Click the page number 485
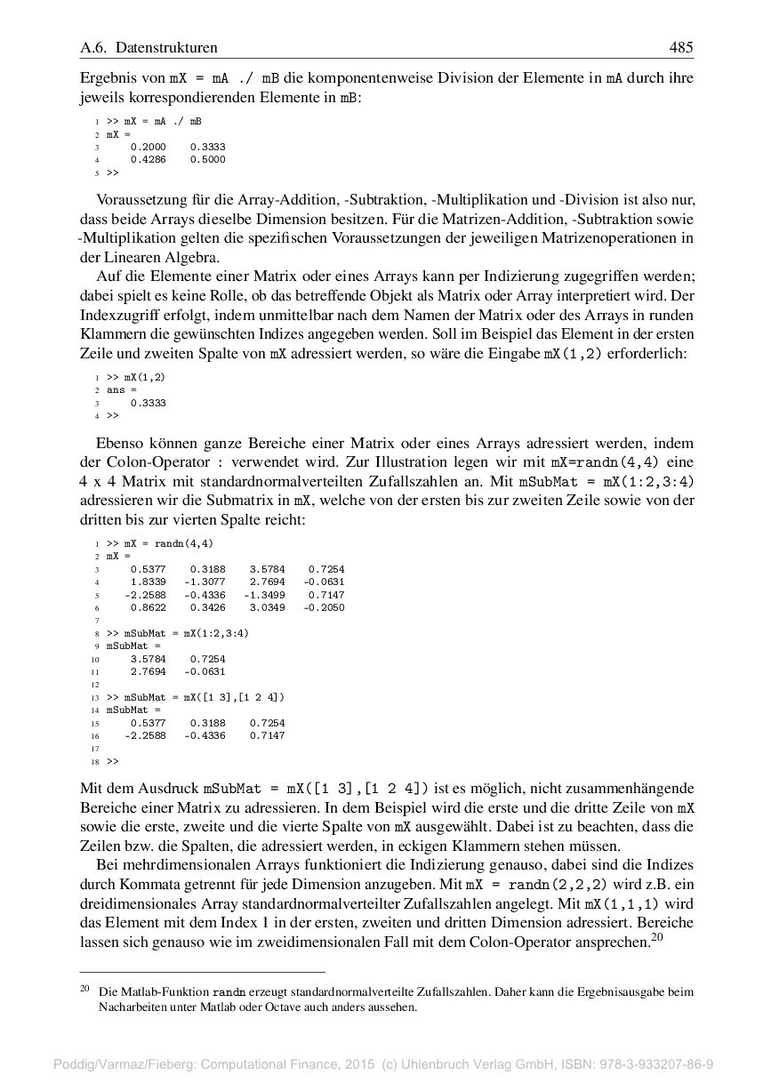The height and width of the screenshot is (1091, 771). click(x=681, y=47)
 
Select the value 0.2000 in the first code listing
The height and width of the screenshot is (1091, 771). click(x=148, y=147)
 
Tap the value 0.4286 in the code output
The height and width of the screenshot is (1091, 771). click(x=148, y=160)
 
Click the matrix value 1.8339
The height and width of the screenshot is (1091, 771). click(x=148, y=582)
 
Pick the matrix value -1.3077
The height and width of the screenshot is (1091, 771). click(x=205, y=582)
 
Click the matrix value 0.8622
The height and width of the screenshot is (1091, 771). click(x=148, y=608)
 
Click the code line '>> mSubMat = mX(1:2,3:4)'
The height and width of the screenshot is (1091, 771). click(x=178, y=633)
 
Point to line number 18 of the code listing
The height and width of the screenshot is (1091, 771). click(x=93, y=762)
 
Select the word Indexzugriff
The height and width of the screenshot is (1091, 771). click(x=120, y=316)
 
